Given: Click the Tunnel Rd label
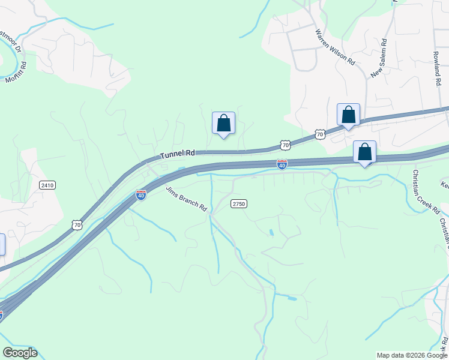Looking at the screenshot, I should tap(178, 154).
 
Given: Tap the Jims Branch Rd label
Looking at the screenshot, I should tap(187, 199).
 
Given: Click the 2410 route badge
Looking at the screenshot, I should tap(47, 185).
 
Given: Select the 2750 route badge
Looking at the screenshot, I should tap(239, 204).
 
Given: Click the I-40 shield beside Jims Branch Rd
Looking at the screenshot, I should tap(141, 195).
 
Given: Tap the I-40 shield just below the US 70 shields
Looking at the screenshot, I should tap(282, 164).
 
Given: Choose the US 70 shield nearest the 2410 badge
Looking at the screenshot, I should tap(76, 224).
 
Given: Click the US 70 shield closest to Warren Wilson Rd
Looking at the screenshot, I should tap(320, 134).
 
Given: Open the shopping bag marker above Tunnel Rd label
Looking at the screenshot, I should tap(223, 124).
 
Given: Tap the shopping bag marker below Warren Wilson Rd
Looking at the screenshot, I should tap(348, 114).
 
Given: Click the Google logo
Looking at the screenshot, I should tap(20, 353).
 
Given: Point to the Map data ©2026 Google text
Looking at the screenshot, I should tap(412, 355).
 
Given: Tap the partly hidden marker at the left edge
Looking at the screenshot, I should tap(2, 244).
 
